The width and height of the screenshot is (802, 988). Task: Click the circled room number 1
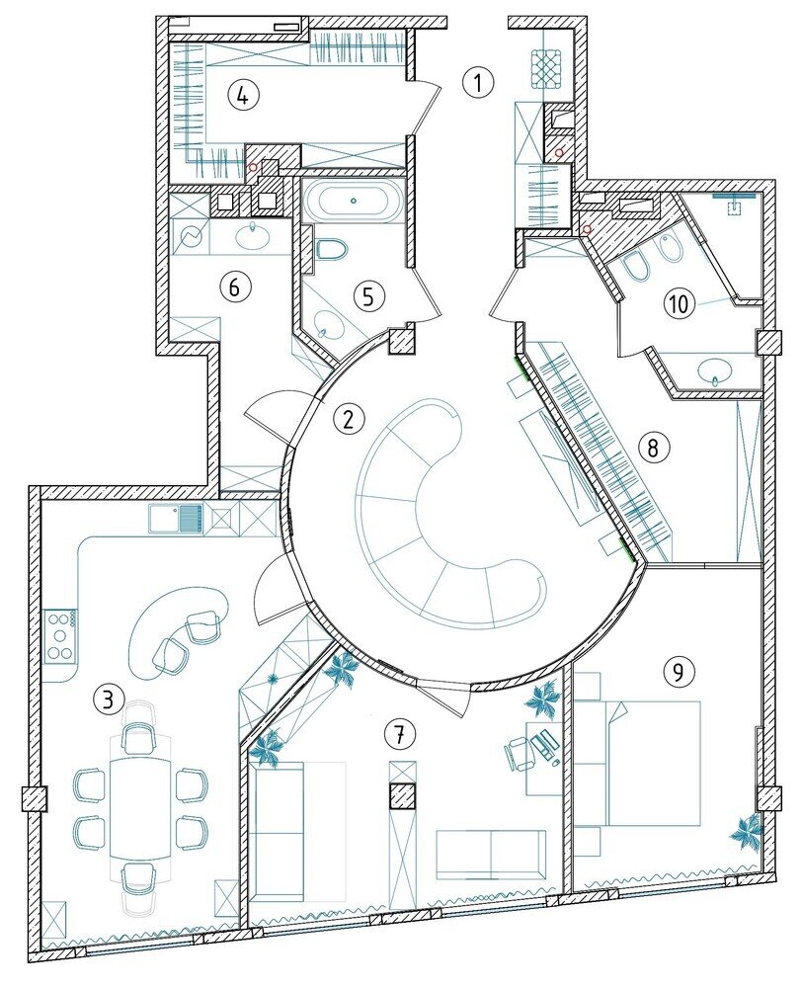[478, 82]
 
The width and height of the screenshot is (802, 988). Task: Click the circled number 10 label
[679, 304]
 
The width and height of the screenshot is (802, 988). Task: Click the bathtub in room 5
[353, 201]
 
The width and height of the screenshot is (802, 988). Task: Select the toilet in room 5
[332, 250]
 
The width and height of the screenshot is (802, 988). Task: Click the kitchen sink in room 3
[177, 520]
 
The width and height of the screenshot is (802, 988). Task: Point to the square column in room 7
[403, 796]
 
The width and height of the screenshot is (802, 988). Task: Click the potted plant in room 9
[748, 832]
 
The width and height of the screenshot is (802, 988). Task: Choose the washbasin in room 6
[254, 236]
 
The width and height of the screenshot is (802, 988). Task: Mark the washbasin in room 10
[715, 370]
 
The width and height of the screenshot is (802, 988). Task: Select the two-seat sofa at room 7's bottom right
[491, 855]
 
